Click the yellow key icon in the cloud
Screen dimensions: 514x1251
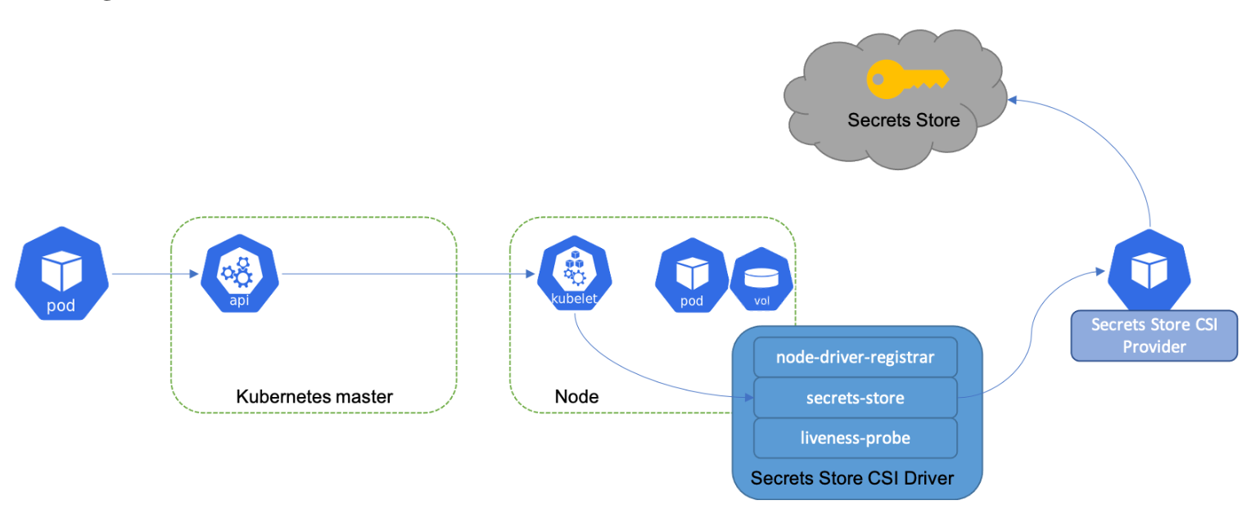pos(906,79)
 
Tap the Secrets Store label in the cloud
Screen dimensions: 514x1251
pos(903,121)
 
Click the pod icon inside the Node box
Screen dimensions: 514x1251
pos(692,279)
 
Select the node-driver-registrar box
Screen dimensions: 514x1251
pos(855,358)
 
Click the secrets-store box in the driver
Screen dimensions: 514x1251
pos(855,398)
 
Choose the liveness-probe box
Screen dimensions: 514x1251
pos(855,438)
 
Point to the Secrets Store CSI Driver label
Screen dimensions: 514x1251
pos(852,477)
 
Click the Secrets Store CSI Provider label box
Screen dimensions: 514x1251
pos(1154,336)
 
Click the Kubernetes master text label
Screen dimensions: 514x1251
pos(314,397)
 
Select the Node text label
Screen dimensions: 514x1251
pos(576,397)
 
